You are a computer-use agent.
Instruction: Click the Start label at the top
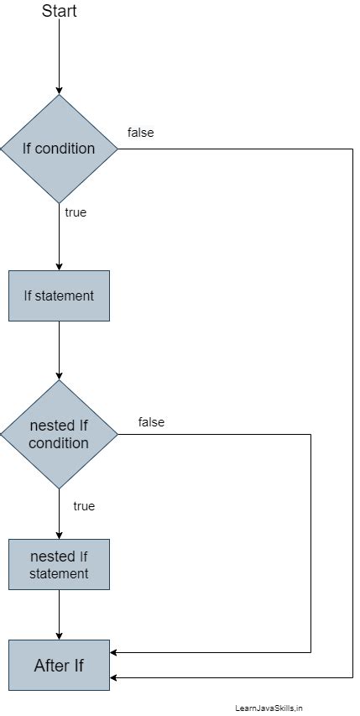click(59, 10)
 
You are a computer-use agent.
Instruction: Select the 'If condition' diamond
click(59, 149)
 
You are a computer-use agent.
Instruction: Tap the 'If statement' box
click(59, 295)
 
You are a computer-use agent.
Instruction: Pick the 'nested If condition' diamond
click(59, 434)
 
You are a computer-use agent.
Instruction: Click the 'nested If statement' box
click(59, 564)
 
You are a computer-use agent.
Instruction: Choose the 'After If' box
click(59, 665)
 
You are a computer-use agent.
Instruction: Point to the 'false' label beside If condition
click(140, 133)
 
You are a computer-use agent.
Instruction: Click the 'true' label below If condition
click(76, 212)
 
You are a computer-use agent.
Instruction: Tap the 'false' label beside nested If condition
click(151, 422)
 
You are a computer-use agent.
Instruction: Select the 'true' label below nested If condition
click(84, 506)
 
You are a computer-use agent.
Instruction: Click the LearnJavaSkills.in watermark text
click(269, 708)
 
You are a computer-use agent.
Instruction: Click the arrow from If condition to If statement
click(59, 239)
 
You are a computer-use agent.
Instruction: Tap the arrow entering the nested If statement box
click(59, 516)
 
